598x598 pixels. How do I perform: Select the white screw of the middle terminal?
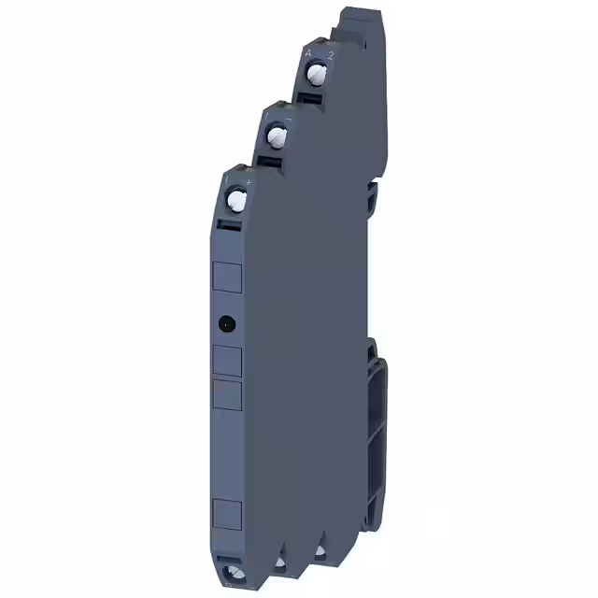tap(276, 137)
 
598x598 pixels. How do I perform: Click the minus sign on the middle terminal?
tap(286, 119)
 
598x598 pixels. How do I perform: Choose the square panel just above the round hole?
tap(228, 276)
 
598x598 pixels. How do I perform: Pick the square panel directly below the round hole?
tap(228, 362)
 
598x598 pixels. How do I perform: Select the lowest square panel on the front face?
tap(228, 513)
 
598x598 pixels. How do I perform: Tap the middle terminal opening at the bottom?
tap(279, 566)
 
